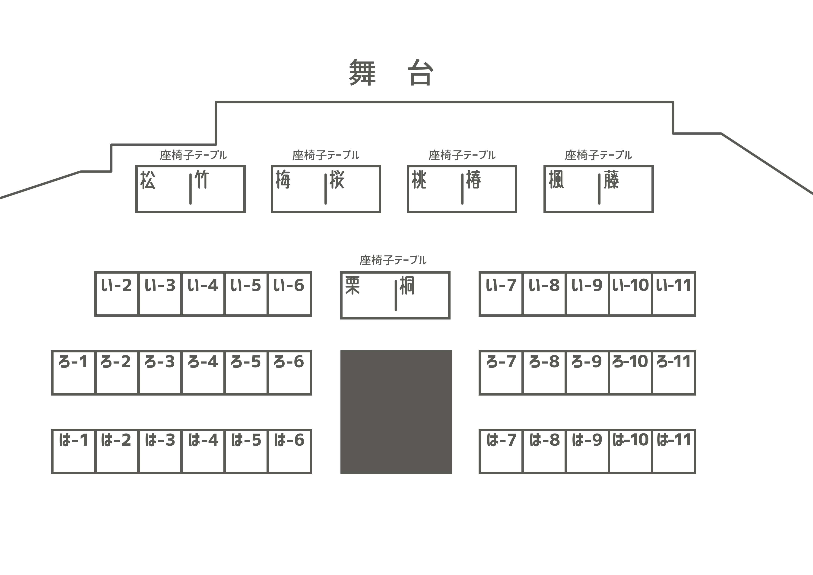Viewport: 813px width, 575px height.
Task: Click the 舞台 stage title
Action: click(x=391, y=73)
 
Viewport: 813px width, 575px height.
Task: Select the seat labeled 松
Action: click(x=148, y=180)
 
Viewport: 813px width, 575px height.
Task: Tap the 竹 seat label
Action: click(x=202, y=179)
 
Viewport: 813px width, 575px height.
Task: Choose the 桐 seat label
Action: click(x=407, y=286)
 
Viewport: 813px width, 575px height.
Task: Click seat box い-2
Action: click(x=117, y=294)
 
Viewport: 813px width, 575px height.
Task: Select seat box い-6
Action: click(x=289, y=294)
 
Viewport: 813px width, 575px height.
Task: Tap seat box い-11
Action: click(x=673, y=294)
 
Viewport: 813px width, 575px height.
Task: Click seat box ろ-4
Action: click(x=203, y=373)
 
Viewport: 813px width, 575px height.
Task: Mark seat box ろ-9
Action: click(x=587, y=373)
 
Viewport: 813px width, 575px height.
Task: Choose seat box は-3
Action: click(x=160, y=451)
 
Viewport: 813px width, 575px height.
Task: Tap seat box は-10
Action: click(x=630, y=451)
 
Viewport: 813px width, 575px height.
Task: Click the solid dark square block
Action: click(x=396, y=412)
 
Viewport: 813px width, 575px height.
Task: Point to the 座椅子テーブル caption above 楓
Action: click(x=598, y=155)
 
